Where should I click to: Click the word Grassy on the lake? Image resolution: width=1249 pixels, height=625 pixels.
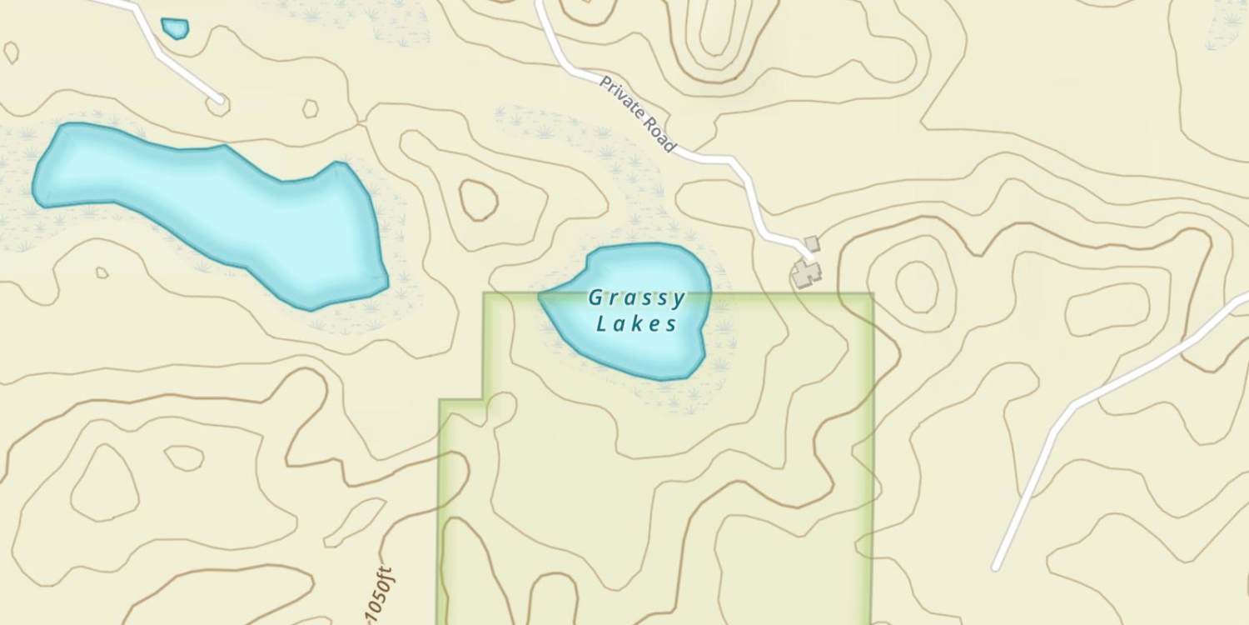click(636, 297)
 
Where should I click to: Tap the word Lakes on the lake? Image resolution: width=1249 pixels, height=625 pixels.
click(636, 323)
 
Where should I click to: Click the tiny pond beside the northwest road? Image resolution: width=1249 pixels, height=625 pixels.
click(175, 28)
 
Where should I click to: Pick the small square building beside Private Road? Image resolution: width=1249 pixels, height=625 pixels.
click(812, 243)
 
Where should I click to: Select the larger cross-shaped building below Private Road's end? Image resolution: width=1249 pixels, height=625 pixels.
click(805, 272)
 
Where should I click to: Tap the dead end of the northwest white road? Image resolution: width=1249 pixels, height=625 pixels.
click(220, 101)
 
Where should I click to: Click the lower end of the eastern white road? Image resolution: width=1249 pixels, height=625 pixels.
click(996, 567)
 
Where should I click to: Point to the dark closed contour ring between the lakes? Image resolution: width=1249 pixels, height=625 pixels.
click(479, 201)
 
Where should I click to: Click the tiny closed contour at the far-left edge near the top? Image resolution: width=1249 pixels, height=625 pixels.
click(11, 52)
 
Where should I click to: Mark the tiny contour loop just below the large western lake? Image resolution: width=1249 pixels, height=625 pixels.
click(102, 272)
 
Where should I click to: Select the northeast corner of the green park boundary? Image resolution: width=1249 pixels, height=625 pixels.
click(872, 294)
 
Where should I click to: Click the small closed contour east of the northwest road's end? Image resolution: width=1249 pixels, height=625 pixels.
click(310, 108)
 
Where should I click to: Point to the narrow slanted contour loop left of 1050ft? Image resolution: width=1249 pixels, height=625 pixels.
click(354, 521)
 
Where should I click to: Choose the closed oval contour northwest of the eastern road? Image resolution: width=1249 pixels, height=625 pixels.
click(1107, 309)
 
